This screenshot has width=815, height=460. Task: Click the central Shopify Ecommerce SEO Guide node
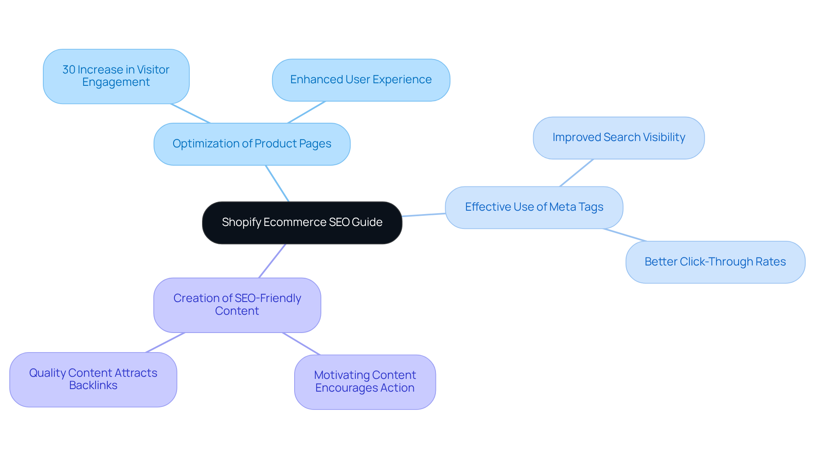click(302, 223)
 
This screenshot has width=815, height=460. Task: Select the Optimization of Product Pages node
click(252, 144)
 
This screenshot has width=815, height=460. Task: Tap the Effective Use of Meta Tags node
click(534, 207)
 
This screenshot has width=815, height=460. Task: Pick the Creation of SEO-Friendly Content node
click(237, 305)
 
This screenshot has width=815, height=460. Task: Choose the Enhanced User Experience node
click(361, 80)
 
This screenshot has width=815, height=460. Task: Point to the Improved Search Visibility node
click(618, 138)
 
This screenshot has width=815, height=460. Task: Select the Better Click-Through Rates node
click(715, 262)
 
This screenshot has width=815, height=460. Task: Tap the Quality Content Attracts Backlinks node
click(93, 379)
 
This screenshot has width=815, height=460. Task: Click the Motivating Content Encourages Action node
click(365, 382)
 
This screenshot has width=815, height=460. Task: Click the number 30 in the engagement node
click(69, 70)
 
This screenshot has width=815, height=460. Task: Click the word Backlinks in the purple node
click(93, 386)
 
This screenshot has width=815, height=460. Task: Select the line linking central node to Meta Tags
click(424, 215)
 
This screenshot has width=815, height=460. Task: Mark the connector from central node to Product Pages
click(277, 183)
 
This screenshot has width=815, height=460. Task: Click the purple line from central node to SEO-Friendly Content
click(272, 261)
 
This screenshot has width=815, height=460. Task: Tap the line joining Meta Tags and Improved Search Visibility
click(576, 173)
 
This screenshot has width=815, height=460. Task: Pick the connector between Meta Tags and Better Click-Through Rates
click(625, 235)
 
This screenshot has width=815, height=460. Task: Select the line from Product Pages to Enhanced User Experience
click(306, 112)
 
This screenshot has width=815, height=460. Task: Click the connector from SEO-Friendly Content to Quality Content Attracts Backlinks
click(165, 342)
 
